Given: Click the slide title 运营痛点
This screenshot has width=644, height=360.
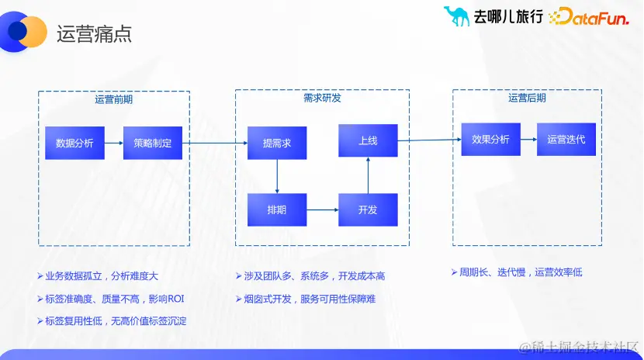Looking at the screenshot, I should coord(95,34).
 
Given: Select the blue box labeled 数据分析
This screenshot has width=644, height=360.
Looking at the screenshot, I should coord(74,143).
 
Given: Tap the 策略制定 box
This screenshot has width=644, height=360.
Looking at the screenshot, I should coord(153,143).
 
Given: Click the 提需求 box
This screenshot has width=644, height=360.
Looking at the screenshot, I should coord(277,143).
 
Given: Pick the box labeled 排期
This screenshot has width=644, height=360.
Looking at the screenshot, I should coord(277,209).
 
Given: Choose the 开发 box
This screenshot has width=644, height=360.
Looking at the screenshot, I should coord(368,209).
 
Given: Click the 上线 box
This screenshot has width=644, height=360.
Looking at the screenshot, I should coord(368,140).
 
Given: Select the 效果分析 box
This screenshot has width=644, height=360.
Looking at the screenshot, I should coord(490,140).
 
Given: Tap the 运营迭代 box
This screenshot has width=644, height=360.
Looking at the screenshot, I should coord(566,140).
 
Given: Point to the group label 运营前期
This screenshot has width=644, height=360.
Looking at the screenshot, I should coord(114,99).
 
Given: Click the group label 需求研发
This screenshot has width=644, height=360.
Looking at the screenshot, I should coord(322,98).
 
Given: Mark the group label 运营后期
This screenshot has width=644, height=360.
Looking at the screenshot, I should coord(527,98).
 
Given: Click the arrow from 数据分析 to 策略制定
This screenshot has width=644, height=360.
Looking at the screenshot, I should coord(114,143).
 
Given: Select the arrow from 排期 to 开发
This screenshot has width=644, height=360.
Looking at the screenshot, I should coord(322,209).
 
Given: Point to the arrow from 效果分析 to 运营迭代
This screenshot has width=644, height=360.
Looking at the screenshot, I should coord(528,140).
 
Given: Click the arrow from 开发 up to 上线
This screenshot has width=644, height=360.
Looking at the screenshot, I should coord(368,175).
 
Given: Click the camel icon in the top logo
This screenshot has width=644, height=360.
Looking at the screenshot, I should coord(456,16).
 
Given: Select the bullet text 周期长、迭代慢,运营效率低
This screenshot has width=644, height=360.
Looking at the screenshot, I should coord(520,272).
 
